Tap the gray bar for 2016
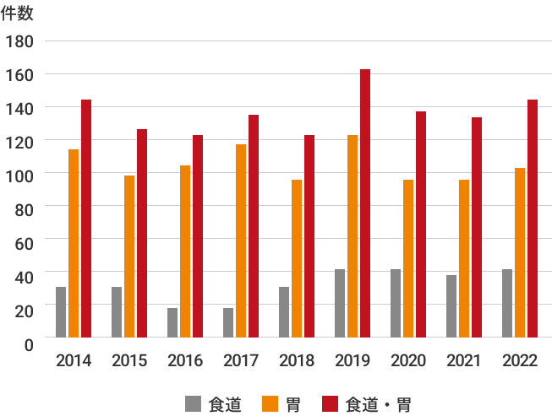172,322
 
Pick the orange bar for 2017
241,240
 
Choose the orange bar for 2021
464,258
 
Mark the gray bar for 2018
284,312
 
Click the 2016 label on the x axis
185,361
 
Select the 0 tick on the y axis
29,343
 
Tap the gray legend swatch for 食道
193,403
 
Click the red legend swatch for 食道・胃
331,403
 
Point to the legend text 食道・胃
379,404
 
